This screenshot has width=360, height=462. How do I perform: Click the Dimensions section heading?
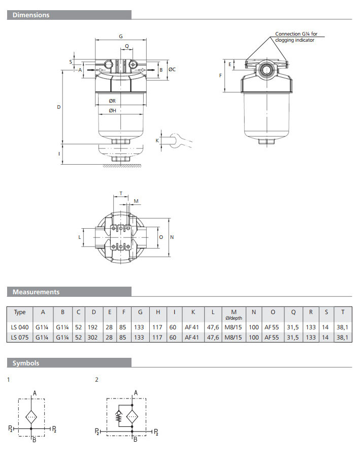[31, 15]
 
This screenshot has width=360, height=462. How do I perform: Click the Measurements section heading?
[36, 292]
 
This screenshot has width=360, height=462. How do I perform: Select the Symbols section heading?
[25, 363]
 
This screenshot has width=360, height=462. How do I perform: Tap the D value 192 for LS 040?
[92, 327]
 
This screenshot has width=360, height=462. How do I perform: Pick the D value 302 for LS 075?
[92, 337]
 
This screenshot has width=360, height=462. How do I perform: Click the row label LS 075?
[20, 337]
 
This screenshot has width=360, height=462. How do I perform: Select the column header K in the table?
[193, 312]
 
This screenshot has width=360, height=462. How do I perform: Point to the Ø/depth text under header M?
[234, 318]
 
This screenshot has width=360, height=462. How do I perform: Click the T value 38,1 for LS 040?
[342, 327]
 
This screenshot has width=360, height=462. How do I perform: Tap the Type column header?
[20, 312]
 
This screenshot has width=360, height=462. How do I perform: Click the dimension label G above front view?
[121, 37]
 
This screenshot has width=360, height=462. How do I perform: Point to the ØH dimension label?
[112, 110]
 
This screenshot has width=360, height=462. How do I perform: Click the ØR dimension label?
[112, 101]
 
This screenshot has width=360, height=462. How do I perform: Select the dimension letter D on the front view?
[58, 107]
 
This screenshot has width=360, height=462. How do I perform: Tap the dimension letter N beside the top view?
[172, 237]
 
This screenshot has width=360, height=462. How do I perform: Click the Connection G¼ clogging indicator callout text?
[296, 37]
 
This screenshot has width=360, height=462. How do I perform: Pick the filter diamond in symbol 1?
[31, 417]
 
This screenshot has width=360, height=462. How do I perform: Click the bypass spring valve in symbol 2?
[119, 416]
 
